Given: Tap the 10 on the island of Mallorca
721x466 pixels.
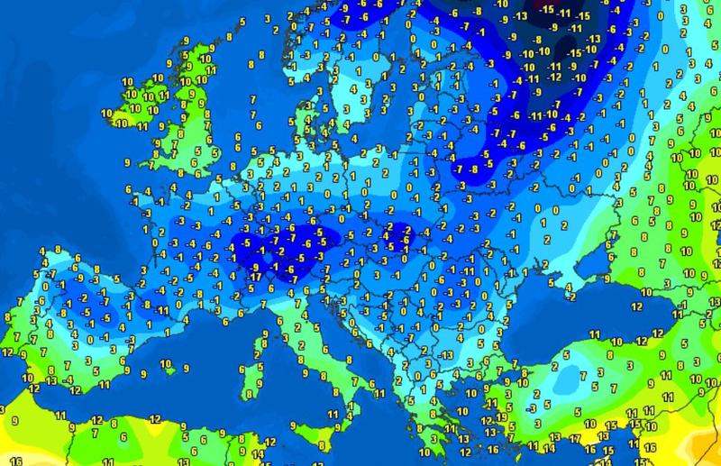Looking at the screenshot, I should point(163,362).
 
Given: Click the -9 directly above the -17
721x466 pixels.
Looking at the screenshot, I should point(257,266).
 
